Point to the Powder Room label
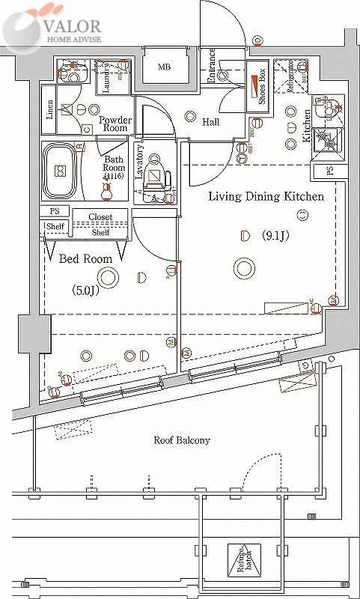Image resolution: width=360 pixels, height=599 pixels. [115, 124]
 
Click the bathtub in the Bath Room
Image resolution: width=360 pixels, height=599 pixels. [60, 171]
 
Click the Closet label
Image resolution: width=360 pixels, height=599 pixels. [100, 217]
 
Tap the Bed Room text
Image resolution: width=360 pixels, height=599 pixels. [86, 258]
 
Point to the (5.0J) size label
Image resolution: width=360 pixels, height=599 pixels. [85, 290]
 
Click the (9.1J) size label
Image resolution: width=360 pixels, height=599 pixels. [274, 237]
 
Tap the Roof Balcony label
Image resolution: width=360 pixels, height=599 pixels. [181, 440]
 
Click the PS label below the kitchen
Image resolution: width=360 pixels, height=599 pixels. [330, 171]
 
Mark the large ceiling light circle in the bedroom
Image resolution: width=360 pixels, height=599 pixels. [109, 279]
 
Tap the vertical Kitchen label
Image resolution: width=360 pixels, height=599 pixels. [307, 126]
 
